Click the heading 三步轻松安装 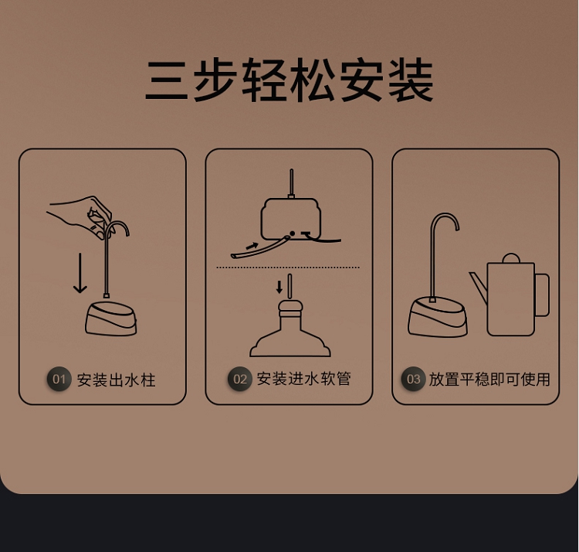[289, 80]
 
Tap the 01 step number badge [59, 379]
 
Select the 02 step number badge [239, 379]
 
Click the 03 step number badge [413, 379]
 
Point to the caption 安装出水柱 [116, 380]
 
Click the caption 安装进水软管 [303, 379]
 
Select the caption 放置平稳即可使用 [489, 380]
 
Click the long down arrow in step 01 [80, 273]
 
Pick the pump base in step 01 [111, 319]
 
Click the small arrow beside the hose [252, 245]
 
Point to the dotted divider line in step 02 [288, 267]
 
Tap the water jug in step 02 [290, 329]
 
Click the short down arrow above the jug [279, 287]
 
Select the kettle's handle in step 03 [542, 295]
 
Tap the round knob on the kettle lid [511, 258]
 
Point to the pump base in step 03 [438, 317]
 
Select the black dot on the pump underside [292, 233]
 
